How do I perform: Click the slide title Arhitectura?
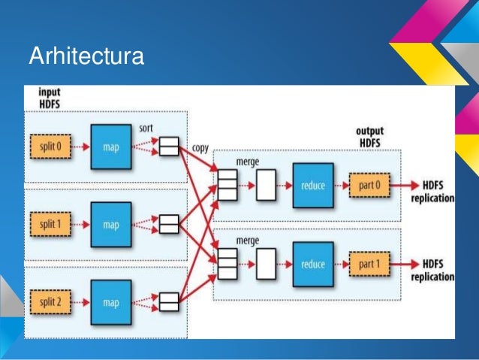(86, 56)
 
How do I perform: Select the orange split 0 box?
(50, 146)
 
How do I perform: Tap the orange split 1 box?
(50, 224)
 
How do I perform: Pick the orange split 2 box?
(50, 302)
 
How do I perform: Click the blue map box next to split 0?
(111, 146)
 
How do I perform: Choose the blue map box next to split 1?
(111, 224)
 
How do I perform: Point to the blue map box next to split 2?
(111, 302)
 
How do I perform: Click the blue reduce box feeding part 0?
(313, 185)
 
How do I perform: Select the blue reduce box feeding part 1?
(313, 264)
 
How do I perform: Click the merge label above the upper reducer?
(248, 162)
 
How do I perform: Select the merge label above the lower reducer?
(248, 241)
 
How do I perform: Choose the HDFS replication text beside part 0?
(432, 192)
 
